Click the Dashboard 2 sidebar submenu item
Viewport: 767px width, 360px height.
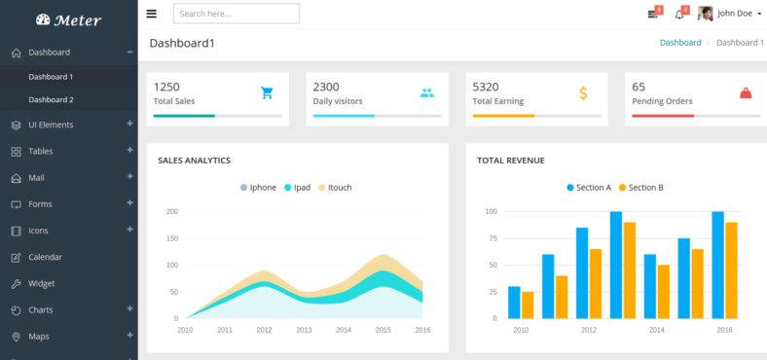pyautogui.click(x=51, y=99)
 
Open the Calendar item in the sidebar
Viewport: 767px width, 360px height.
pyautogui.click(x=45, y=257)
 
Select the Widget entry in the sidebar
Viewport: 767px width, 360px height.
pyautogui.click(x=41, y=283)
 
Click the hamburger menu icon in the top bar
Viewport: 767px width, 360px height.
pyautogui.click(x=151, y=14)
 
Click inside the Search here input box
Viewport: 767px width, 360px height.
pyautogui.click(x=236, y=14)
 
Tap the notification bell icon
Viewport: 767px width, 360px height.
pyautogui.click(x=679, y=14)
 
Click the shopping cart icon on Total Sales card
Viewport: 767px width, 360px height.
pyautogui.click(x=267, y=93)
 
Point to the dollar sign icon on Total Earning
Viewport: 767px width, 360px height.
pyautogui.click(x=583, y=93)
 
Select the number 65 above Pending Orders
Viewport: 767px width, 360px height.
pyautogui.click(x=639, y=87)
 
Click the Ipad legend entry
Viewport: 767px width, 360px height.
pyautogui.click(x=297, y=188)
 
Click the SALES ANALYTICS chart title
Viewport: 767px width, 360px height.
pyautogui.click(x=194, y=161)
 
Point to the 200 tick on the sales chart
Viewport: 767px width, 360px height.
pyautogui.click(x=171, y=211)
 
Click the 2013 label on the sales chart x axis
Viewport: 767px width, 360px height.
pyautogui.click(x=304, y=331)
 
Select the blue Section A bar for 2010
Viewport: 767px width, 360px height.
pyautogui.click(x=514, y=303)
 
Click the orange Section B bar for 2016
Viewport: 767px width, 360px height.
pyautogui.click(x=731, y=270)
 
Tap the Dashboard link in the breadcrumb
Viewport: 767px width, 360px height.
pyautogui.click(x=679, y=43)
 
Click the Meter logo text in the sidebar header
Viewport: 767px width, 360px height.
pyautogui.click(x=77, y=19)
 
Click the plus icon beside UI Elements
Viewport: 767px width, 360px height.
pyautogui.click(x=129, y=124)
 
